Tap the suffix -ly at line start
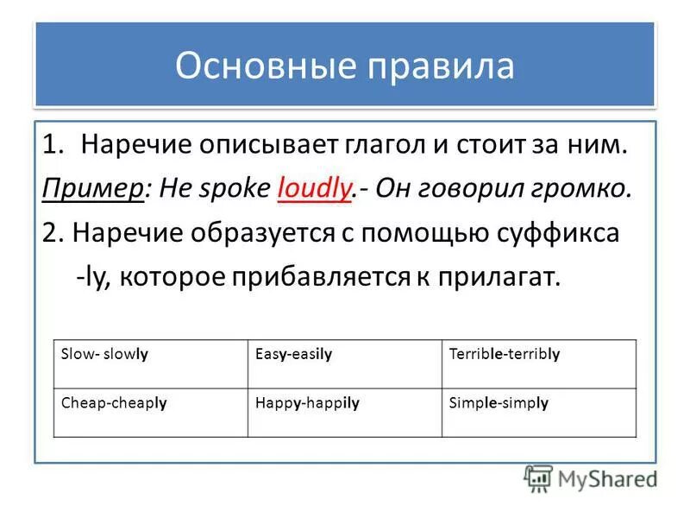click(x=90, y=278)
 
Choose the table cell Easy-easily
click(x=294, y=354)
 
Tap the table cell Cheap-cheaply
click(x=114, y=402)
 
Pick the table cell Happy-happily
click(x=307, y=402)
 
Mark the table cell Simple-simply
click(x=499, y=402)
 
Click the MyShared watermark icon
click(x=538, y=478)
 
